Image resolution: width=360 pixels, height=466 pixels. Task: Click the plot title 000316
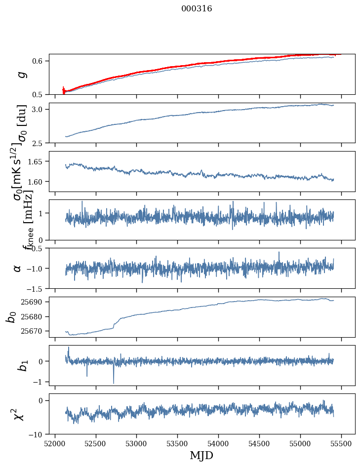pyautogui.click(x=197, y=9)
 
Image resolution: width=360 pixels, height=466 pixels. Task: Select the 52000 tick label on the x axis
pyautogui.click(x=55, y=443)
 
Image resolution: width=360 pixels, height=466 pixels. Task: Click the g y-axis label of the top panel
pyautogui.click(x=21, y=74)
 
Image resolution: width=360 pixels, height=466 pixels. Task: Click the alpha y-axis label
pyautogui.click(x=18, y=268)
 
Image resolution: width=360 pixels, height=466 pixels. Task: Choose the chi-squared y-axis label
pyautogui.click(x=18, y=414)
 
